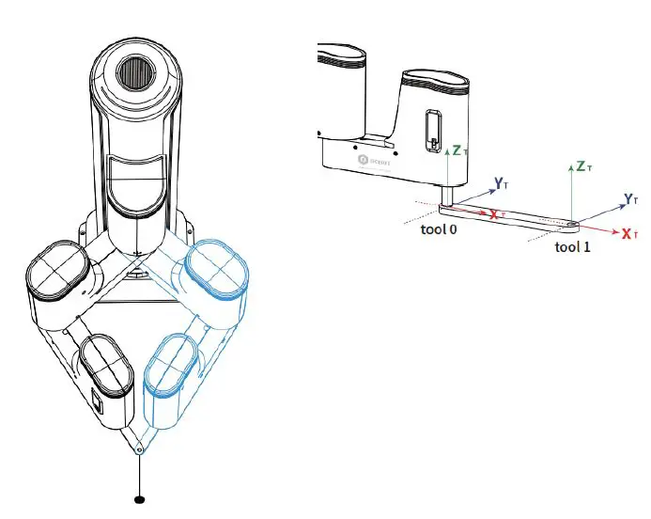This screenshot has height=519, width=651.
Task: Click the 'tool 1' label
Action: tap(573, 247)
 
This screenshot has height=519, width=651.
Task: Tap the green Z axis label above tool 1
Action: tap(583, 167)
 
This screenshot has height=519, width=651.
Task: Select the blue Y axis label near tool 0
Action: tap(502, 181)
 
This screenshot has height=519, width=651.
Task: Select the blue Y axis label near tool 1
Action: tap(631, 198)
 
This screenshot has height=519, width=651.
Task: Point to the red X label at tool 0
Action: tap(497, 214)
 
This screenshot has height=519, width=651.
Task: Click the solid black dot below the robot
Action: tap(140, 498)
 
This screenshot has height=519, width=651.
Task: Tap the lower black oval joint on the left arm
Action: tap(106, 365)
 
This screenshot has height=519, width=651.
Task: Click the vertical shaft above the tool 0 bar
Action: tap(450, 194)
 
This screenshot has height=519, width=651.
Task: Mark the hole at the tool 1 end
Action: tap(572, 224)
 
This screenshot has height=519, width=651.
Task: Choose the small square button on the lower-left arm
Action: tap(96, 405)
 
